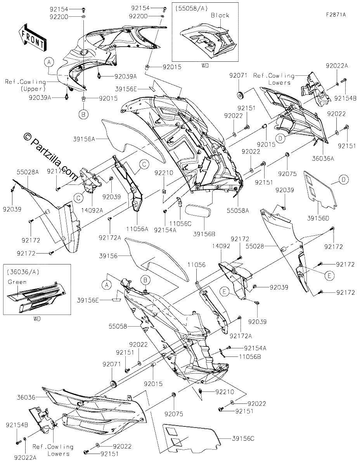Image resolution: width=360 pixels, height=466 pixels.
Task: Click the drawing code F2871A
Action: point(336,15)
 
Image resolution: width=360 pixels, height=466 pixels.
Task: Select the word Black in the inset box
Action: point(220,16)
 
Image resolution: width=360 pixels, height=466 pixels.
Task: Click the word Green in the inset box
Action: point(17,282)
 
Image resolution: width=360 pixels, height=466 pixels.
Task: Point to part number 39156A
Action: point(84,139)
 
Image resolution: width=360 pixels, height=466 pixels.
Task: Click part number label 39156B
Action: point(204,234)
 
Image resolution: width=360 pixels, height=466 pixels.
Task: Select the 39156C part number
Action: point(243,439)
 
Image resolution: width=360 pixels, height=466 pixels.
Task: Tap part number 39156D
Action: point(318,218)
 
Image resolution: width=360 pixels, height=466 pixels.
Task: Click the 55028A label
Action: point(28,172)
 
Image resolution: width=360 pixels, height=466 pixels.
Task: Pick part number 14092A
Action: point(92,210)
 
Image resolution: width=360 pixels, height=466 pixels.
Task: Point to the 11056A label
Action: point(137,229)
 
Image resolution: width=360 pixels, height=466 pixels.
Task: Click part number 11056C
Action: point(180,224)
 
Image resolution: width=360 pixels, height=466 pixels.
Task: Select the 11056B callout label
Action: point(250,356)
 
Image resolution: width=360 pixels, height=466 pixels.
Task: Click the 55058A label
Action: point(238,210)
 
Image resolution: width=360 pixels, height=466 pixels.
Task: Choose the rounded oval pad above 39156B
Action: point(197,211)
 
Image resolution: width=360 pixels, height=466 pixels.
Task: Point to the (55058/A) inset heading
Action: point(192,9)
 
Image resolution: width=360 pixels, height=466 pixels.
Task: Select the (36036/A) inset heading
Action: point(23,272)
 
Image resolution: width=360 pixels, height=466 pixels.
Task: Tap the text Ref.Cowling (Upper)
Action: point(26,85)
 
